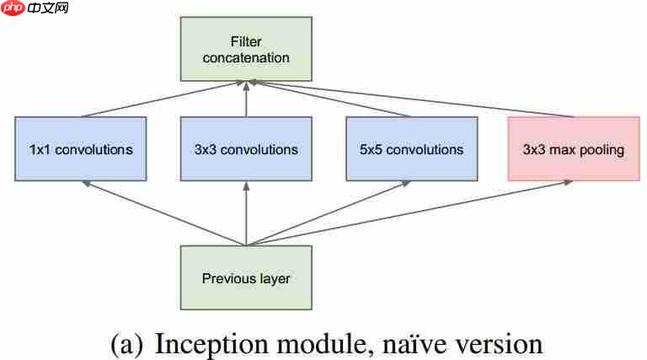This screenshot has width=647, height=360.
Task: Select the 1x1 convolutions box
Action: (81, 149)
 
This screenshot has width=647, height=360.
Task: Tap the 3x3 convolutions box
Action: (247, 149)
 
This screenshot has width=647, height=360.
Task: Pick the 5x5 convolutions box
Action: (411, 149)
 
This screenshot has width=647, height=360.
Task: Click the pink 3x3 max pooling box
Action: (573, 149)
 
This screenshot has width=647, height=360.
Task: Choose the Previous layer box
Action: (247, 277)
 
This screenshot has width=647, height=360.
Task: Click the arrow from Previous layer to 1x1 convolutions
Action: (164, 213)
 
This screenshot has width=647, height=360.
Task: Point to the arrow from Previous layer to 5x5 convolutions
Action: (329, 213)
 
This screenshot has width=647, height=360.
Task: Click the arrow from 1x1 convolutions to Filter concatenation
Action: (164, 99)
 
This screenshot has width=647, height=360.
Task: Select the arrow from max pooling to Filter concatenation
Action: (413, 99)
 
